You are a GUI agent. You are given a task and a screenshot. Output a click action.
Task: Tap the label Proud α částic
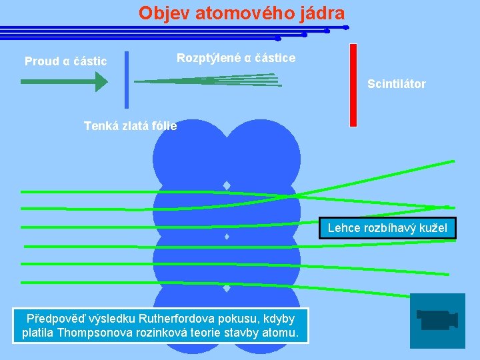click(65, 61)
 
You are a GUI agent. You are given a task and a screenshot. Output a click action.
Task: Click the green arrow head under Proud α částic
click(101, 81)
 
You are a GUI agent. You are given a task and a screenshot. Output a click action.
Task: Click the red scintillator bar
click(353, 85)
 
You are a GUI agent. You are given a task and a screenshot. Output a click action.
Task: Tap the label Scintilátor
click(396, 84)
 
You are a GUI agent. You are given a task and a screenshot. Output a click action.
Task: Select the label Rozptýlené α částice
click(236, 58)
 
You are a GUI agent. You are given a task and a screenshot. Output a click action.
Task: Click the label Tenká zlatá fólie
click(130, 125)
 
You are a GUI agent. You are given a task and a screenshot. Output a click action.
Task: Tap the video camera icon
click(437, 320)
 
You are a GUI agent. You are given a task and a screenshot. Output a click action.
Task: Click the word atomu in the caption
click(284, 333)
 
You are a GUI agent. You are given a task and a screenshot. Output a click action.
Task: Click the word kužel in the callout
click(437, 229)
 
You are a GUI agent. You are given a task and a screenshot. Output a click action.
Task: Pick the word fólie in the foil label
click(165, 125)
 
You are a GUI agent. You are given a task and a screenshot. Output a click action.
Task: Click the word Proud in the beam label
click(41, 61)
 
